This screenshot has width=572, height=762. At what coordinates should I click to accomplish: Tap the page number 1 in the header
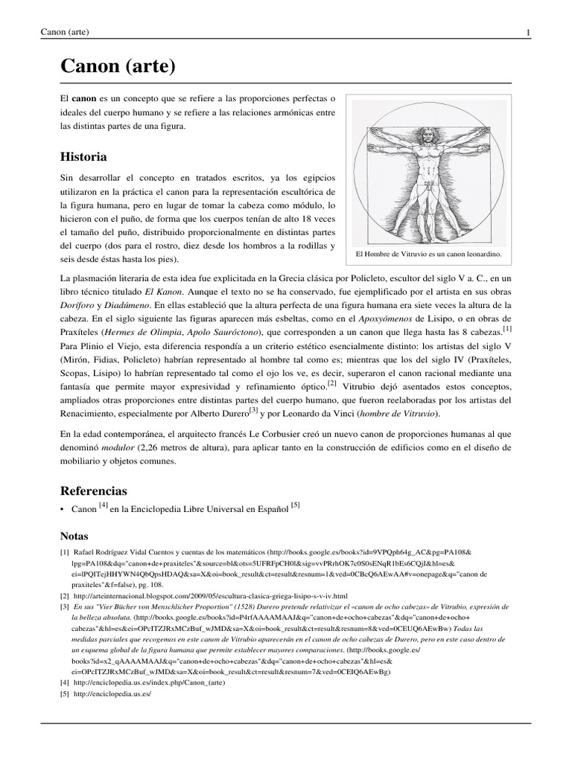[528, 32]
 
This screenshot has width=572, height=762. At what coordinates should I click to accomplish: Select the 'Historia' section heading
[83, 157]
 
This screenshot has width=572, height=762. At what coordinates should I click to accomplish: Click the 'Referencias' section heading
[93, 491]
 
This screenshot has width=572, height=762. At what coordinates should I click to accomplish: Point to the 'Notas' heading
[74, 536]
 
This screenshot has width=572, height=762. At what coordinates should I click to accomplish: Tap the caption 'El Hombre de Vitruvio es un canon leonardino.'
[428, 254]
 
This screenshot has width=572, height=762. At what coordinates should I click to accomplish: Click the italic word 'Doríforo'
[77, 306]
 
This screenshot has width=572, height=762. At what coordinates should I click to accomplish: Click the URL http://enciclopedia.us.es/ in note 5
[112, 694]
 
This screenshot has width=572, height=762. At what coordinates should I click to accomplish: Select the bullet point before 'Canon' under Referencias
[62, 510]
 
